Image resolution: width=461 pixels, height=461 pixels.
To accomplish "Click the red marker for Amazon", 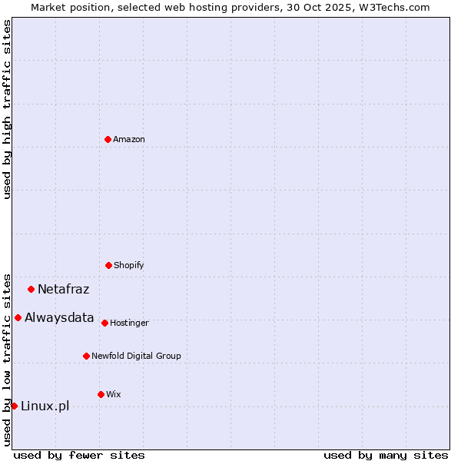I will (x=108, y=139).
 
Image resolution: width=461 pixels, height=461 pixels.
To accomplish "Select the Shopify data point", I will (x=108, y=265).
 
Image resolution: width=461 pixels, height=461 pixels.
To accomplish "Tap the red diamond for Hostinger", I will (x=104, y=323).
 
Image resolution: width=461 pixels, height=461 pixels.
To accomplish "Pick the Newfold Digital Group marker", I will (x=86, y=356).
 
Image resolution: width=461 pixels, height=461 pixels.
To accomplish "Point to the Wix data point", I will (x=101, y=394).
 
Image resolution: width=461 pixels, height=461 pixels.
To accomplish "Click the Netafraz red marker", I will (x=31, y=289).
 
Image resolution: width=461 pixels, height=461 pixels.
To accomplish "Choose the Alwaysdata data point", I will (x=18, y=317).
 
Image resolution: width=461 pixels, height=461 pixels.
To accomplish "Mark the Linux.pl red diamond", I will (x=14, y=406).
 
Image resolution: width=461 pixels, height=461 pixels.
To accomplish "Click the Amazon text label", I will (x=129, y=140).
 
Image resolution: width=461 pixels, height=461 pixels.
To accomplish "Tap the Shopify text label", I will (x=129, y=266).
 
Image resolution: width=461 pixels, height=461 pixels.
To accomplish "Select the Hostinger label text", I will (x=129, y=323).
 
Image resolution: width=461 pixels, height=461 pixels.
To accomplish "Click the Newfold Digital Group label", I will (x=136, y=357).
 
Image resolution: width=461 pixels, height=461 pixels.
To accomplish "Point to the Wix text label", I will (x=114, y=395).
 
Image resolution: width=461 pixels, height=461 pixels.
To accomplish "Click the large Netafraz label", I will (x=63, y=290).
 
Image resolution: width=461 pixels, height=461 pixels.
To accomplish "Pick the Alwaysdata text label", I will (x=59, y=318).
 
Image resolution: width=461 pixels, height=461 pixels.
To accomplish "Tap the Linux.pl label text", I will (x=45, y=406).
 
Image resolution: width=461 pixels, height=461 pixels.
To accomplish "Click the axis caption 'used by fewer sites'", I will (x=79, y=455).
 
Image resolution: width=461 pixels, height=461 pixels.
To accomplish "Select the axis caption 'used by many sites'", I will (x=386, y=455).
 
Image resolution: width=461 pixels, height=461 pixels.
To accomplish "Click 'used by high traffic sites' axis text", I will (x=7, y=109).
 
